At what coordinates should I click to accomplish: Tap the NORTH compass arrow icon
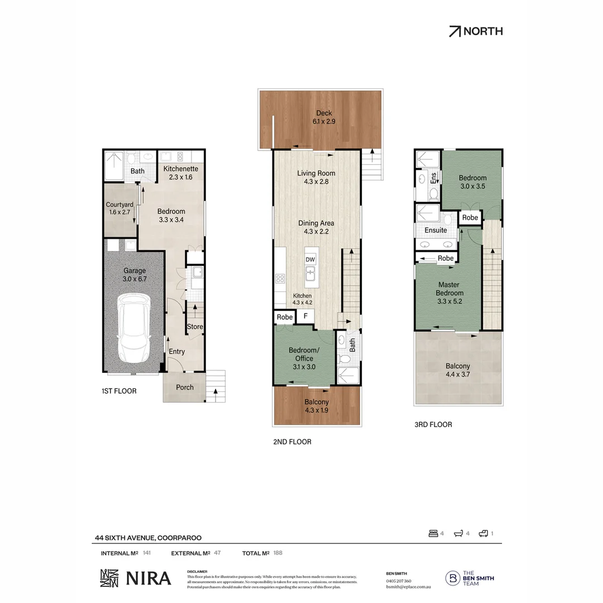[455, 31]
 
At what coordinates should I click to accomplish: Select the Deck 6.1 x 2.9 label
[324, 117]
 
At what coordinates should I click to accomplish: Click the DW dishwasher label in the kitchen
[310, 260]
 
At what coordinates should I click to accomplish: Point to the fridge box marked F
[305, 317]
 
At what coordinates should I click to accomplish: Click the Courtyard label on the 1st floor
[119, 209]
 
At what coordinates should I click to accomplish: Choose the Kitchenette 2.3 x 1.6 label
[180, 173]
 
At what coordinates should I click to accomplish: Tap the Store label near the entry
[195, 327]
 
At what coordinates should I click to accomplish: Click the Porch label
[185, 387]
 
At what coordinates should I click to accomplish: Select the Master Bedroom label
[449, 293]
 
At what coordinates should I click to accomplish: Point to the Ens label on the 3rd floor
[434, 178]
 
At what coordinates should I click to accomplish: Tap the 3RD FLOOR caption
[433, 424]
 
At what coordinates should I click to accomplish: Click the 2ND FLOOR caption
[292, 442]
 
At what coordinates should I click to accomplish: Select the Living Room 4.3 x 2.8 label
[316, 177]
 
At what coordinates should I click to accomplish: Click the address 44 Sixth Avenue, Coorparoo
[148, 538]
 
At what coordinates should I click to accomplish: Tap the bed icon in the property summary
[433, 533]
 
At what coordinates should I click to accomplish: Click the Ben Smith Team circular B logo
[452, 578]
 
